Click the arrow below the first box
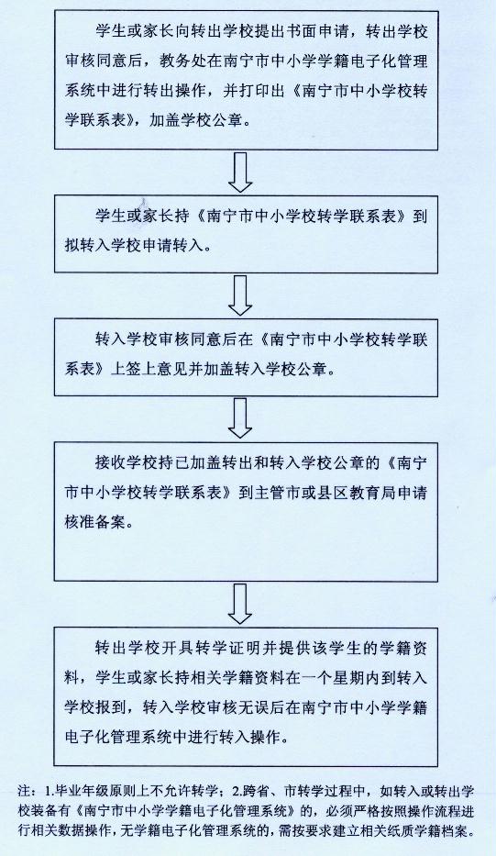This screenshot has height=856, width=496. (x=239, y=172)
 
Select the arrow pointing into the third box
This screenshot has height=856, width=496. (x=239, y=295)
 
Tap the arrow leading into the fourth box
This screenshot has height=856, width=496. (x=239, y=417)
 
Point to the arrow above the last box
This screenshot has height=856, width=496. (x=239, y=604)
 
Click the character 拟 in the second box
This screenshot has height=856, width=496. (x=72, y=245)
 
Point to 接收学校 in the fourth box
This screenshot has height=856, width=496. (x=127, y=463)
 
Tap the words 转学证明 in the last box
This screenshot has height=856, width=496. (x=223, y=649)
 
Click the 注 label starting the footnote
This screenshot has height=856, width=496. (x=22, y=791)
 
